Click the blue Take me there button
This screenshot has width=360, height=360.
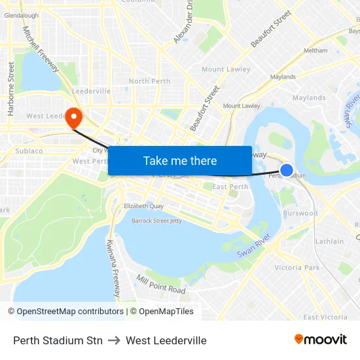(x=180, y=160)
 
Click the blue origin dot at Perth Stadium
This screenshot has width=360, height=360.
(x=287, y=170)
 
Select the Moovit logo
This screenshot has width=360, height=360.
(x=321, y=340)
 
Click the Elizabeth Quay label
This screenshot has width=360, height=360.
(x=143, y=206)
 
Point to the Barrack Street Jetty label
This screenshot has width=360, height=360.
(x=157, y=221)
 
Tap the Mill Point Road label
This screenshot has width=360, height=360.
(x=161, y=284)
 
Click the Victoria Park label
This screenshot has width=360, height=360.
(x=297, y=268)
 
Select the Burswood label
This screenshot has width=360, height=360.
(x=300, y=213)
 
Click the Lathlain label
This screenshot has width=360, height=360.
(x=329, y=242)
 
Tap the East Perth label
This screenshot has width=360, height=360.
(x=230, y=187)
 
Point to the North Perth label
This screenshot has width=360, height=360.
(x=149, y=81)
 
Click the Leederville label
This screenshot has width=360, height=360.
(x=92, y=91)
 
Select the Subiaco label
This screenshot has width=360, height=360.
(x=29, y=151)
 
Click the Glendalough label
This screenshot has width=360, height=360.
(x=21, y=15)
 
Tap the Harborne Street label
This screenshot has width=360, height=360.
(x=11, y=89)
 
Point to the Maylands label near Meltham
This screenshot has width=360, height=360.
(x=283, y=77)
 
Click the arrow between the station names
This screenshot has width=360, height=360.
(x=114, y=340)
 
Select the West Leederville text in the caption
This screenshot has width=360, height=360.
(x=166, y=340)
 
